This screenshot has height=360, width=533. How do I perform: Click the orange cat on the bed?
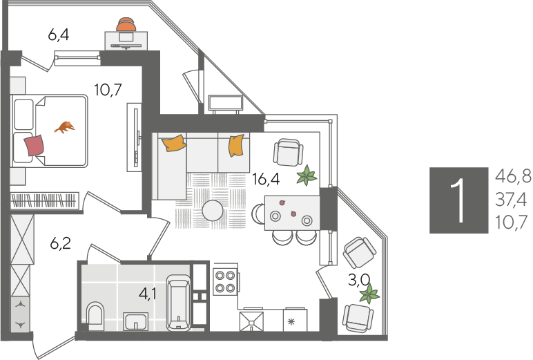point(65,127)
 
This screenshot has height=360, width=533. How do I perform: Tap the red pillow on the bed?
point(34,145)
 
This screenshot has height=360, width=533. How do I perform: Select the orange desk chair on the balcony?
point(126,24)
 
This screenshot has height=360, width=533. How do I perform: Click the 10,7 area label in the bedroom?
point(108,90)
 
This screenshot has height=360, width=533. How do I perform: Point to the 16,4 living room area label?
point(266,179)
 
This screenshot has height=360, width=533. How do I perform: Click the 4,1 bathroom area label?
point(148,293)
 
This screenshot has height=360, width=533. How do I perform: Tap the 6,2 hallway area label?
point(61,243)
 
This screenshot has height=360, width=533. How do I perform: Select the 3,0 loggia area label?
point(359,281)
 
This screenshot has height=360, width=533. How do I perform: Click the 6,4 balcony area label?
point(59,35)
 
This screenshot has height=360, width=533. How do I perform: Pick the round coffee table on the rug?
point(213,211)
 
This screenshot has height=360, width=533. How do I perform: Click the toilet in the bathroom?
point(95,313)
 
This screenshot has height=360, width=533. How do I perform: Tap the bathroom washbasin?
point(135,321)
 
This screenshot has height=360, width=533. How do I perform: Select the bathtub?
point(178,303)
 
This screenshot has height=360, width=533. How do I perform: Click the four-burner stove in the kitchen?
point(225,281)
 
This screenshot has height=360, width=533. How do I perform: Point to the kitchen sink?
point(251,321)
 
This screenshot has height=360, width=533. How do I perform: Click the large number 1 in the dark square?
point(459,200)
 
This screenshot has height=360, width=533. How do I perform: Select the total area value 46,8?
point(513,176)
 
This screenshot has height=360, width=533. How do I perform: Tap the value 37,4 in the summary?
point(511,200)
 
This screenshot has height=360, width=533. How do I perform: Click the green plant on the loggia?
point(369,294)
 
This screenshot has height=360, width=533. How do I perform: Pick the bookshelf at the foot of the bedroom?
point(44,200)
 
